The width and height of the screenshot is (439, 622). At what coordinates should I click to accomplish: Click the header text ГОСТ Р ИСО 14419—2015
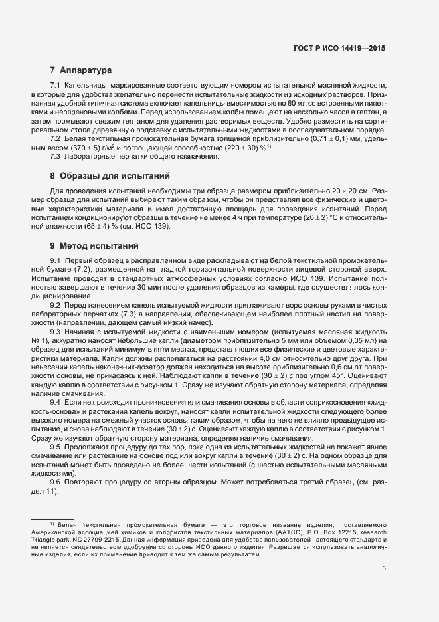pyautogui.click(x=339, y=49)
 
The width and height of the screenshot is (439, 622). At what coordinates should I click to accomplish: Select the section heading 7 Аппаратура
pyautogui.click(x=80, y=70)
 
